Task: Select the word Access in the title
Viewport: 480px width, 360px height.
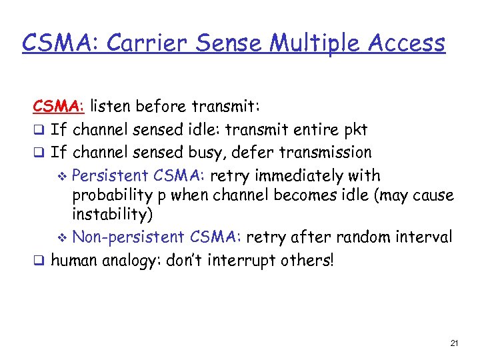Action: point(405,44)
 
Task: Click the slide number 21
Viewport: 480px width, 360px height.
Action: point(454,343)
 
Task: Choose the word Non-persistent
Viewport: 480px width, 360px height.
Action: point(128,237)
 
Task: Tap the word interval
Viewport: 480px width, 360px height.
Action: point(425,237)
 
